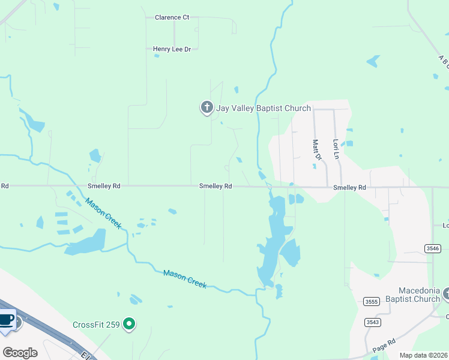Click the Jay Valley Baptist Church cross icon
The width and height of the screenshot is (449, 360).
(206, 108)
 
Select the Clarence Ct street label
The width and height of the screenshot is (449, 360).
(172, 17)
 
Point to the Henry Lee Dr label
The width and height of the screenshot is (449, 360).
(172, 49)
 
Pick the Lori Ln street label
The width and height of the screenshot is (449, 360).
(336, 149)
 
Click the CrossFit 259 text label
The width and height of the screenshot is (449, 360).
(96, 325)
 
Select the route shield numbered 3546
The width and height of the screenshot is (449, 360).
(432, 248)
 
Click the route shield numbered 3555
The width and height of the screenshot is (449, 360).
(372, 301)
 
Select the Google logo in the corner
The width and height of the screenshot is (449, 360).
(20, 352)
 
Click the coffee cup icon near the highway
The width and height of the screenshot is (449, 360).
(6, 319)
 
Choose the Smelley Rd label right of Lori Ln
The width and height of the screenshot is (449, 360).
(349, 188)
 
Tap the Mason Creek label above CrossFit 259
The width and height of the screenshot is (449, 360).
(185, 279)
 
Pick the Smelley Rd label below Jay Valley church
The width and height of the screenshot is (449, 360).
(215, 187)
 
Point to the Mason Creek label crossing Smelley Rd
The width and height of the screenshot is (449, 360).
(103, 213)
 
